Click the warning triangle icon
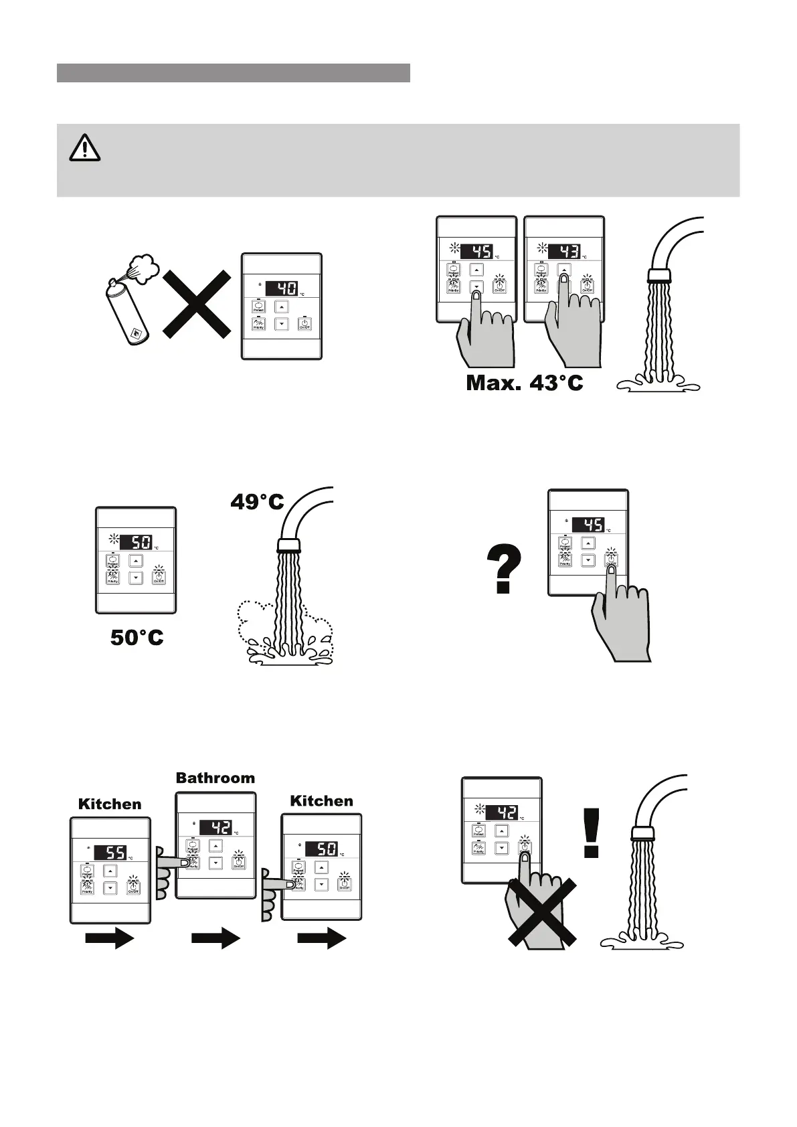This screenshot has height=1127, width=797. (85, 148)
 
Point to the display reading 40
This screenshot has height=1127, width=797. (281, 289)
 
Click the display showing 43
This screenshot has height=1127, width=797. (563, 252)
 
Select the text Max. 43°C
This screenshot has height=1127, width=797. (525, 383)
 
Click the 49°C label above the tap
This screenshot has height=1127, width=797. (257, 501)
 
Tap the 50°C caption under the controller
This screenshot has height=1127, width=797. (137, 638)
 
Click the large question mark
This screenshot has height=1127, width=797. (504, 569)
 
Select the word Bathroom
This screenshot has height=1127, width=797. (215, 778)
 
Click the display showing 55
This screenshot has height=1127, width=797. (110, 853)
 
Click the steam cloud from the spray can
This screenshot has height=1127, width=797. (141, 268)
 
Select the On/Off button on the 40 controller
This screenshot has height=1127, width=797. (304, 324)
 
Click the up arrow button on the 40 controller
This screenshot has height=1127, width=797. (282, 307)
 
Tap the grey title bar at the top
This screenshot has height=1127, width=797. (233, 73)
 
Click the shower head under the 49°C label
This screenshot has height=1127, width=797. (288, 543)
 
